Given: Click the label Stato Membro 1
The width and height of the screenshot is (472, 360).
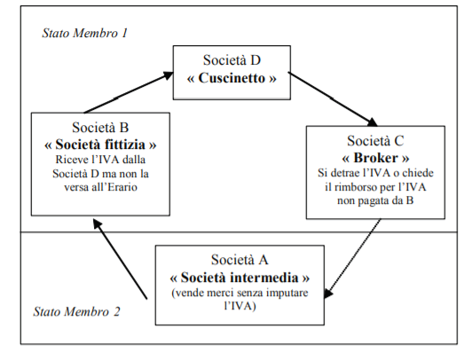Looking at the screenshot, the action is point(85,33).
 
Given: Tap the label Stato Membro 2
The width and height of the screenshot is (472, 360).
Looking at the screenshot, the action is point(76,311).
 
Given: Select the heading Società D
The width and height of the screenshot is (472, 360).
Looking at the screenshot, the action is point(232,59).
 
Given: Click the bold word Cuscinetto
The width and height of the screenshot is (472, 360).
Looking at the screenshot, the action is point(232,78).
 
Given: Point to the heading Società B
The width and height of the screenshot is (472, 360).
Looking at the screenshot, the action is point(100,127).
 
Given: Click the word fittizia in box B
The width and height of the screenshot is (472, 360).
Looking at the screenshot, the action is point(126,145).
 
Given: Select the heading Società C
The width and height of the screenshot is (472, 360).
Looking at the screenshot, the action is point(375,140).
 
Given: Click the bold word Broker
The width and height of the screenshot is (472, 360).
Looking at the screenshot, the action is point(375,158).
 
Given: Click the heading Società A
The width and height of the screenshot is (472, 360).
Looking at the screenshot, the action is point(240,260).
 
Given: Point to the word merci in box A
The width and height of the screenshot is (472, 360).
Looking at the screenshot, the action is point(220,293).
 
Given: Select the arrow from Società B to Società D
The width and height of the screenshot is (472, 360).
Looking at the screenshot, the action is point(129,92).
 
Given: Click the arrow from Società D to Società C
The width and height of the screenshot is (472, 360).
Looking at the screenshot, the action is point(333,98).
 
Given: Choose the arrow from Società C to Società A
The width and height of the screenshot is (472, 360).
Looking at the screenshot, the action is point(352,259).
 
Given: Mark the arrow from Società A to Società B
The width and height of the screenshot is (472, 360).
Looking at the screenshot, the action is point(120,259).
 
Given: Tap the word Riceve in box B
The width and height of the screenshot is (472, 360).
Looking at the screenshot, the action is point(70,160).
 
